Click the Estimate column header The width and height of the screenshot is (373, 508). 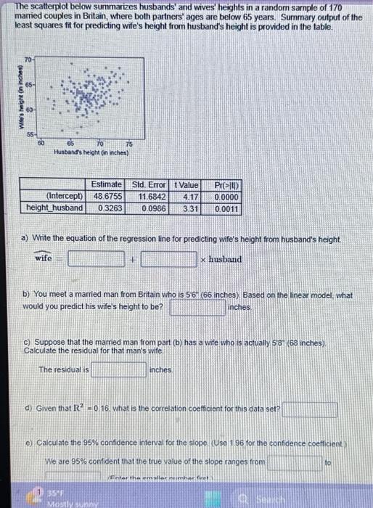click(x=106, y=185)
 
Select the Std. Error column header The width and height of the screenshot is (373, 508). click(x=147, y=185)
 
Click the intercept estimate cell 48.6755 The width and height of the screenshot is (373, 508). click(x=105, y=196)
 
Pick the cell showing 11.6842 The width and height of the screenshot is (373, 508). click(x=149, y=196)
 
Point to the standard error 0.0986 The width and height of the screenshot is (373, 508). click(x=151, y=208)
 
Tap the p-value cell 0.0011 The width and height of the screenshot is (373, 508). click(x=225, y=208)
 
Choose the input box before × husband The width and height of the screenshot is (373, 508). click(x=168, y=259)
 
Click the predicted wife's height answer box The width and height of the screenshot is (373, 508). click(x=197, y=308)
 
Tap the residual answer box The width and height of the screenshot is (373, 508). click(x=119, y=370)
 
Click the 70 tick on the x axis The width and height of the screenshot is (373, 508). click(x=97, y=144)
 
